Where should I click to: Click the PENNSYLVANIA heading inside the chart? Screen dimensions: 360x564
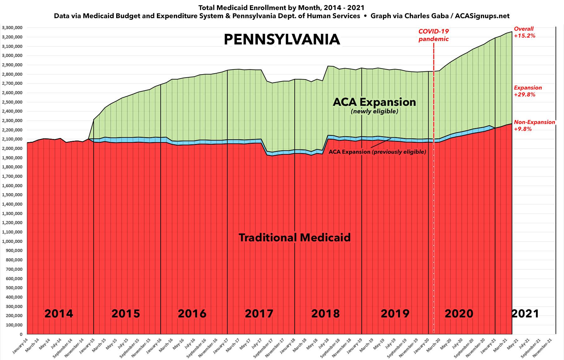point(282,40)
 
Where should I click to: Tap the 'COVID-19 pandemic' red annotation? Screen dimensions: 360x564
point(434,35)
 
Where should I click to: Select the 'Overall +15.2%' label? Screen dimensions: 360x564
point(525,32)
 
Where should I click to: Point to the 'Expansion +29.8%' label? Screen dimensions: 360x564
point(528,91)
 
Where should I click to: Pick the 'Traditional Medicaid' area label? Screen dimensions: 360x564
point(294,238)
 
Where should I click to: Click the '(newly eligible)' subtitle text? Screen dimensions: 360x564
point(374,111)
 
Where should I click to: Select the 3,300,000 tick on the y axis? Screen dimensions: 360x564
point(12,28)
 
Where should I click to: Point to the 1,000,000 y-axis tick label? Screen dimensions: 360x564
point(12,241)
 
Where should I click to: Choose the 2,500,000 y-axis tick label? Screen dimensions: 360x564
point(12,102)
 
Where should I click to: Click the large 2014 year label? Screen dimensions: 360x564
point(59,313)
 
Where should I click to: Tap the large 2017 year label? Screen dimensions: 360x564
point(259,313)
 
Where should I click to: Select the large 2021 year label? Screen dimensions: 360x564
point(525,313)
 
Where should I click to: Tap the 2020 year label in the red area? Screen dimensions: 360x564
point(459,313)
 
